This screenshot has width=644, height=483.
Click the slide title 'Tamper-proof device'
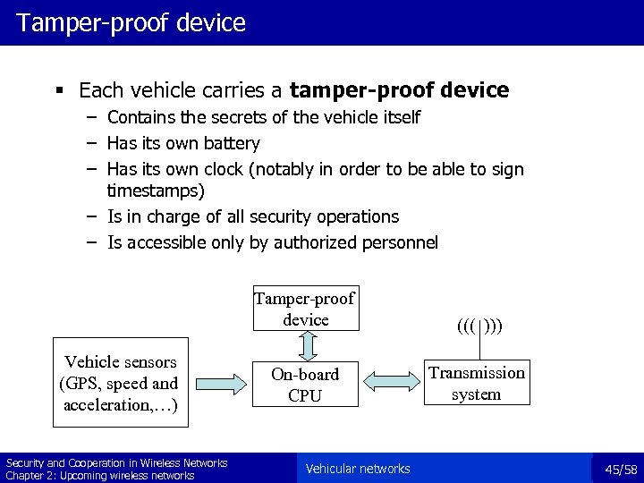[x=131, y=21]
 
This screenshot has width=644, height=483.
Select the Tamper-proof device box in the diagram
[x=304, y=309]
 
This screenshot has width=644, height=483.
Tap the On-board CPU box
[x=305, y=384]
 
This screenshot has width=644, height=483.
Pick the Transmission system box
[x=476, y=383]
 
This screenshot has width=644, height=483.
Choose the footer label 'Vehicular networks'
[x=358, y=469]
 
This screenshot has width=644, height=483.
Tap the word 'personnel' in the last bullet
[x=402, y=241]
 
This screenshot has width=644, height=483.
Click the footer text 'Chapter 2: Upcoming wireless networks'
[x=100, y=475]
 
